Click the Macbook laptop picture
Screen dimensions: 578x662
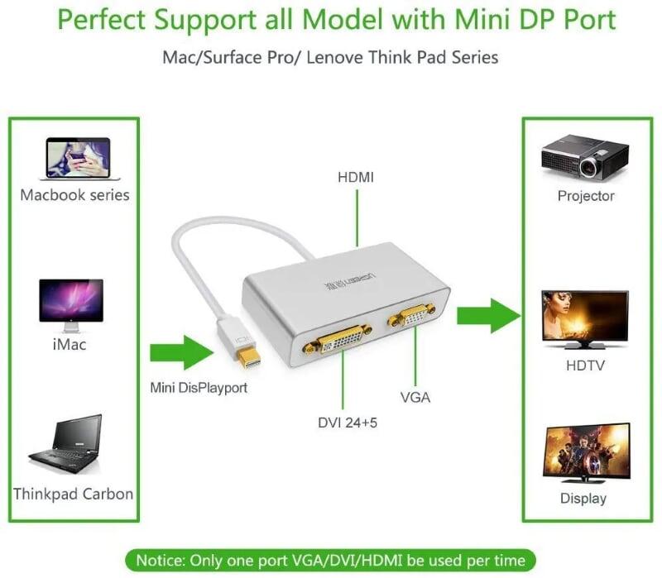pos(79,159)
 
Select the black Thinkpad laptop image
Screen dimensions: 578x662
pos(68,442)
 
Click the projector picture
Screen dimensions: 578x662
pos(584,156)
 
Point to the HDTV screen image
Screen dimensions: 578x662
pos(585,318)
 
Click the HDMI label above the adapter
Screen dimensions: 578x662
pos(357,177)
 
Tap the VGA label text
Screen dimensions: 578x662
pos(415,398)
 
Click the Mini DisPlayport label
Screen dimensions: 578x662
pos(199,386)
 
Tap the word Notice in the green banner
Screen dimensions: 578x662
pos(161,559)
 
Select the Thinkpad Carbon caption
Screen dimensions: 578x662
pos(73,494)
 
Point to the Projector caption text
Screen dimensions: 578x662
pos(585,196)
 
